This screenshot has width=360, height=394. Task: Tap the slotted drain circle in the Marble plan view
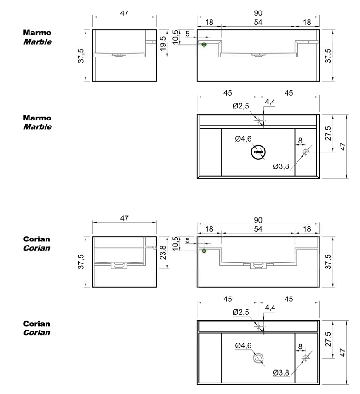[x=258, y=152]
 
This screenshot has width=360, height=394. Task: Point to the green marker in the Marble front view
[x=204, y=45]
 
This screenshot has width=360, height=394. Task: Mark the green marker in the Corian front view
[x=204, y=251]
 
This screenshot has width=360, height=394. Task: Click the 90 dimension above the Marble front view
[x=258, y=14]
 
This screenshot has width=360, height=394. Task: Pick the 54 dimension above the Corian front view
[x=258, y=229]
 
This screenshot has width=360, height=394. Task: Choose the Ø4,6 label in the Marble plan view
[x=243, y=138]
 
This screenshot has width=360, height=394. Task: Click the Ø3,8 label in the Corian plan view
[x=280, y=372]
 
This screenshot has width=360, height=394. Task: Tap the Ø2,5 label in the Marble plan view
[x=241, y=106]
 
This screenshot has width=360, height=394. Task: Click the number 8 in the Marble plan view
[x=300, y=141]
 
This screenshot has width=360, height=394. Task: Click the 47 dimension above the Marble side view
[x=124, y=14]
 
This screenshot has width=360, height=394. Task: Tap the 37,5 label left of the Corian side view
[x=81, y=262]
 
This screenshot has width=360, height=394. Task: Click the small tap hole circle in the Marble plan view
[x=258, y=120]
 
